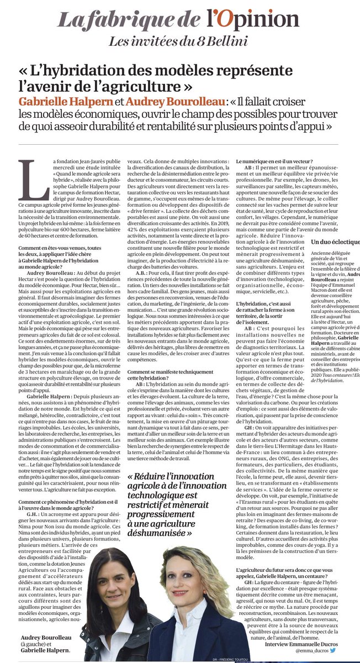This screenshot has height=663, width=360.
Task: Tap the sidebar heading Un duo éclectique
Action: [x=335, y=241]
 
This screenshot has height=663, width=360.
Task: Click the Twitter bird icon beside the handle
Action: [x=331, y=651]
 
